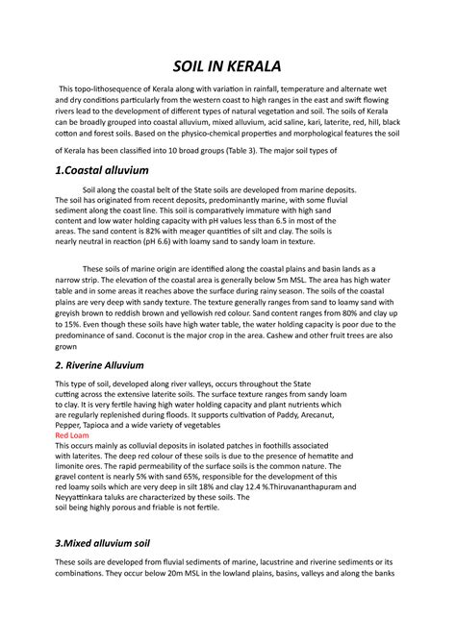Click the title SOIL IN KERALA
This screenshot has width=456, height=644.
(x=228, y=66)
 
